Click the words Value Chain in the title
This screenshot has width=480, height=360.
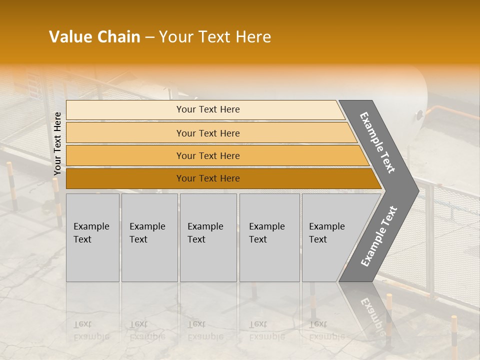point(94,37)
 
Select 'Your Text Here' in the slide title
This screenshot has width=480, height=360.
point(215,37)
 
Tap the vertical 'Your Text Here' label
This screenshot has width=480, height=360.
point(57,143)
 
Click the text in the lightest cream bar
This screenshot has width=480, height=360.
point(208,109)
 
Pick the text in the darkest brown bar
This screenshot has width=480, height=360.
point(208,178)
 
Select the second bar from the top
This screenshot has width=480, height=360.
point(208,133)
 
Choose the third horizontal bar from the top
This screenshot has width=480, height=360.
point(208,156)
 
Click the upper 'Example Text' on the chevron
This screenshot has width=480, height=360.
point(377,142)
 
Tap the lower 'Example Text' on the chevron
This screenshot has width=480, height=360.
point(379,236)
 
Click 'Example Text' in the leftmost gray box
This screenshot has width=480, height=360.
point(91,233)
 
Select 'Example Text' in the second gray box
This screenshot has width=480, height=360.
point(147,233)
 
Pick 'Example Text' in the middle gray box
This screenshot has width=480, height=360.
point(205,233)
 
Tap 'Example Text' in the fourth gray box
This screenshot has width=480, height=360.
point(266,233)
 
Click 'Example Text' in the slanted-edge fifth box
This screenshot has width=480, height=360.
point(326,233)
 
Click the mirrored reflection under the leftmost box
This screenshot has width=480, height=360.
point(91,330)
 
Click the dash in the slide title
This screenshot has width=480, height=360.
point(149,37)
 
